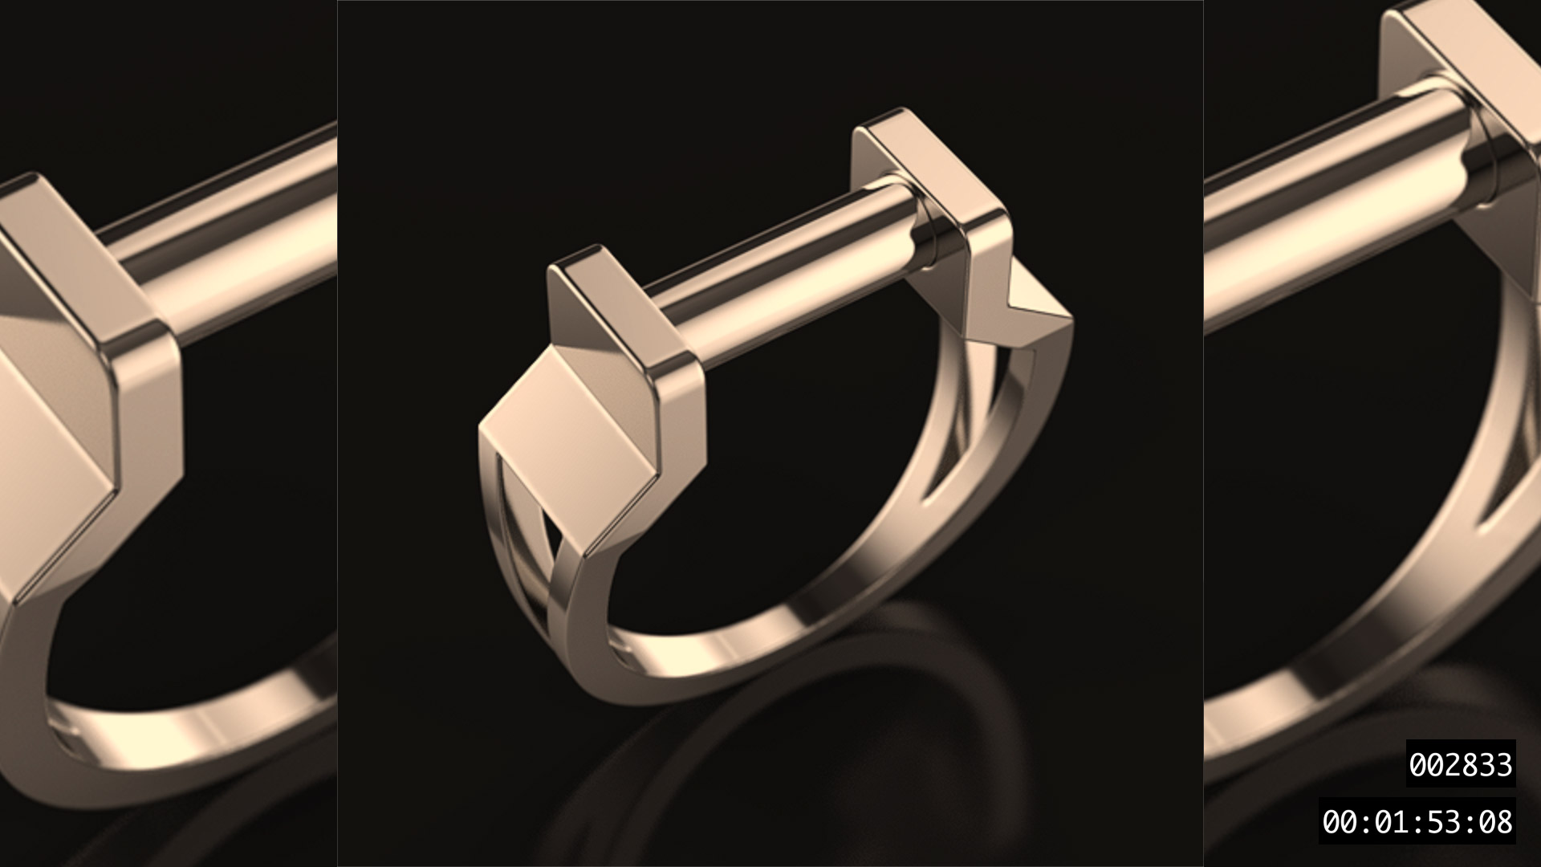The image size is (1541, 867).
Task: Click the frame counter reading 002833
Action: [x=1460, y=764]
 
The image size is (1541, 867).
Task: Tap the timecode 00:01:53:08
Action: [x=1417, y=822]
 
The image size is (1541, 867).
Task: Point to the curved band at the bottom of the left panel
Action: [x=201, y=722]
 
